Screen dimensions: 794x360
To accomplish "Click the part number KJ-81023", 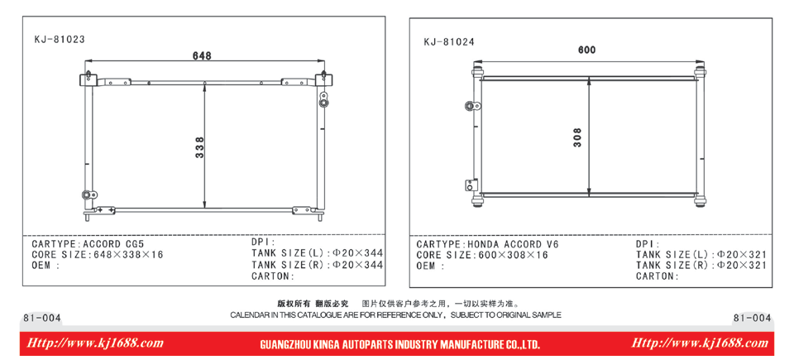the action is [x=60, y=39].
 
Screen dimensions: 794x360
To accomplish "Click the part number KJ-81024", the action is [x=449, y=42].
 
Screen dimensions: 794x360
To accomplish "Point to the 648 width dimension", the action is [x=202, y=55].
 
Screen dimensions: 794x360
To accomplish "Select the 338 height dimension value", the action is [x=200, y=147].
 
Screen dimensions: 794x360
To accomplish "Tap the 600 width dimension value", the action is [x=587, y=50].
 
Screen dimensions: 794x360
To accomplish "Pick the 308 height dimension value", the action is [x=578, y=137].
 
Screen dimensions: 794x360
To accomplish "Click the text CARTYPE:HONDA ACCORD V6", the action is [x=487, y=244].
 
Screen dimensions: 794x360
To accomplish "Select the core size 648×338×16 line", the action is [x=98, y=255].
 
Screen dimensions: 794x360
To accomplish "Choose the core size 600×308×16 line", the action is [x=482, y=255].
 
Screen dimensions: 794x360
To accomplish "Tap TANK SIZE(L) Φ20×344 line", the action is [x=317, y=253].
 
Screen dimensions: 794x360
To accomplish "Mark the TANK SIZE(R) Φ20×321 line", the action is [x=701, y=266].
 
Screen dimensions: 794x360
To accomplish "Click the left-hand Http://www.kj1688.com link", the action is [x=94, y=343].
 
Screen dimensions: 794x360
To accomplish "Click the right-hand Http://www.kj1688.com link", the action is [x=700, y=343].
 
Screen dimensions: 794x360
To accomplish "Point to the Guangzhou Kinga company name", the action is [x=399, y=346].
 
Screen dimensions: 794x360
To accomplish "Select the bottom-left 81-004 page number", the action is [x=42, y=319].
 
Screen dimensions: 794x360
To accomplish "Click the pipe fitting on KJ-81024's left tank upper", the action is [x=473, y=106].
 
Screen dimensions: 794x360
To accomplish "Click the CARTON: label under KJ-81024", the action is [x=658, y=276].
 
